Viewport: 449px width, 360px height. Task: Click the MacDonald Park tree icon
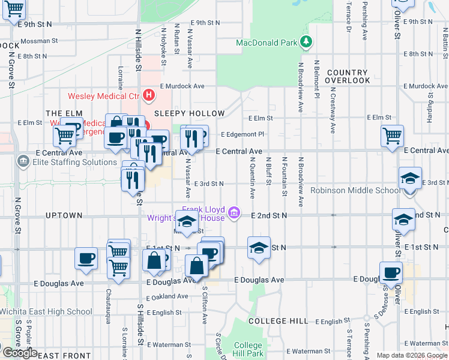click(307, 41)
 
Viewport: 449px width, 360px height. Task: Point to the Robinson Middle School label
click(355, 190)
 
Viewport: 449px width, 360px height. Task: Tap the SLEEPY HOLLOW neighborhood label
click(189, 113)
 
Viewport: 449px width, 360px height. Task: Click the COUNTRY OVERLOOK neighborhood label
click(348, 76)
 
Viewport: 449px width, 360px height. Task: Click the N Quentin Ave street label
click(253, 178)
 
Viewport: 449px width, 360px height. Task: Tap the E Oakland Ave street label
click(166, 296)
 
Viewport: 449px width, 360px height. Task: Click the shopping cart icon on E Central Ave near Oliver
click(392, 136)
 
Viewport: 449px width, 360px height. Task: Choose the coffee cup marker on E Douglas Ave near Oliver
click(391, 272)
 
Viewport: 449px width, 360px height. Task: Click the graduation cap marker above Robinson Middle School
click(410, 178)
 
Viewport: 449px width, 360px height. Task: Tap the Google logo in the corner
click(19, 353)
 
